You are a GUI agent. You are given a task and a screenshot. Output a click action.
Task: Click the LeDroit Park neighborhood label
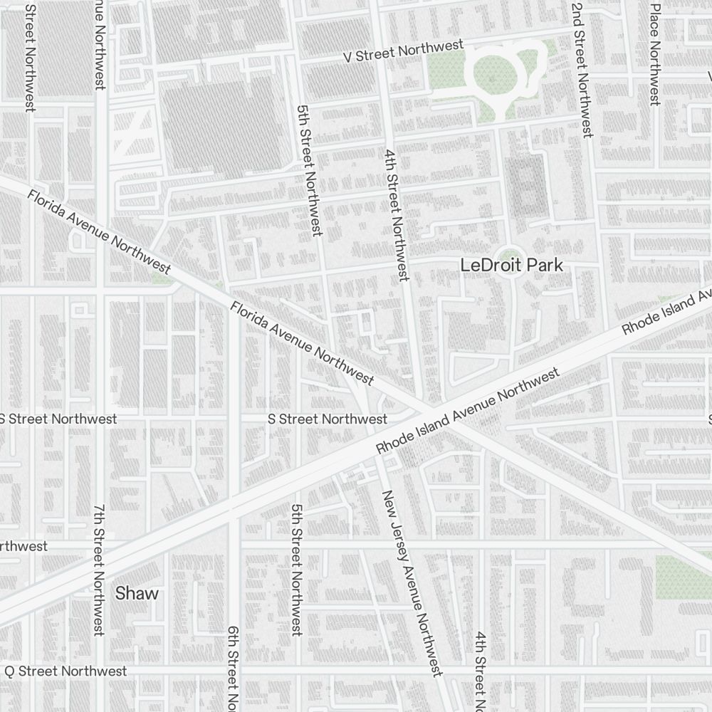click(511, 266)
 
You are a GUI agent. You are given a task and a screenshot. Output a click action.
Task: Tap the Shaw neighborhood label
click(137, 593)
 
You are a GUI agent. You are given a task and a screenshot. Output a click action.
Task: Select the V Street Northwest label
click(403, 52)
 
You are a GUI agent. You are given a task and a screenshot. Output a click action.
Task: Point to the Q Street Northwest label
click(66, 671)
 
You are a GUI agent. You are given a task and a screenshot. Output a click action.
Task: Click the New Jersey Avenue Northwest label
click(412, 582)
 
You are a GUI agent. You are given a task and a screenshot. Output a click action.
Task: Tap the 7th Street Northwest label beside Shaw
click(99, 570)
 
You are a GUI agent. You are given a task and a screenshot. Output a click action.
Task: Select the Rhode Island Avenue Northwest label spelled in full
click(468, 412)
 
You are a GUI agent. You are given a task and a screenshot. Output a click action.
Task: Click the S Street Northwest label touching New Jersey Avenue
click(328, 419)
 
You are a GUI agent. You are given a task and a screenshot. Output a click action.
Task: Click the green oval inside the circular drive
click(491, 73)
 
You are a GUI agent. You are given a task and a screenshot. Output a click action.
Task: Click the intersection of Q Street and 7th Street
click(102, 671)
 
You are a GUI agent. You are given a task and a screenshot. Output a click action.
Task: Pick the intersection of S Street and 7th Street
click(102, 419)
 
